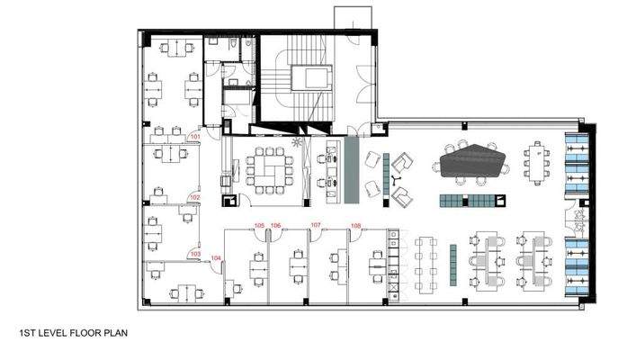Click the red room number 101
pyautogui.click(x=193, y=137)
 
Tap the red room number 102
pyautogui.click(x=193, y=196)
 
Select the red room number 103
pyautogui.click(x=194, y=254)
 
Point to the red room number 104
pyautogui.click(x=216, y=258)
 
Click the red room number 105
pyautogui.click(x=259, y=225)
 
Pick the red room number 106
pyautogui.click(x=276, y=225)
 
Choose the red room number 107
pyautogui.click(x=316, y=225)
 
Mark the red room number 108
pyautogui.click(x=355, y=225)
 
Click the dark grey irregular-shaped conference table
pyautogui.click(x=473, y=163)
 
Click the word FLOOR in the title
pyautogui.click(x=76, y=332)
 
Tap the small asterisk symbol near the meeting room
pyautogui.click(x=298, y=144)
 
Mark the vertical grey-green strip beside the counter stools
pyautogui.click(x=353, y=169)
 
